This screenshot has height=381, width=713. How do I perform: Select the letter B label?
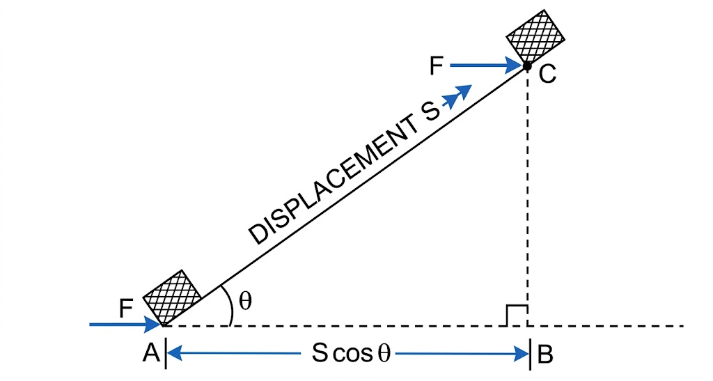(545, 355)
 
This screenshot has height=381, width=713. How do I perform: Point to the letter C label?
(547, 75)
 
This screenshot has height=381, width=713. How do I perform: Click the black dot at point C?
(527, 66)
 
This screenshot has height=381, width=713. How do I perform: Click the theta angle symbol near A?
(245, 300)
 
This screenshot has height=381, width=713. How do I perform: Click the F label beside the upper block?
(437, 66)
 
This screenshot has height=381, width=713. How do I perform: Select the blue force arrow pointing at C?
(487, 66)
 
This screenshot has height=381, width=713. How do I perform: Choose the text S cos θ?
(352, 353)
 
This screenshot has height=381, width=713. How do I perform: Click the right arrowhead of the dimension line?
(522, 354)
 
